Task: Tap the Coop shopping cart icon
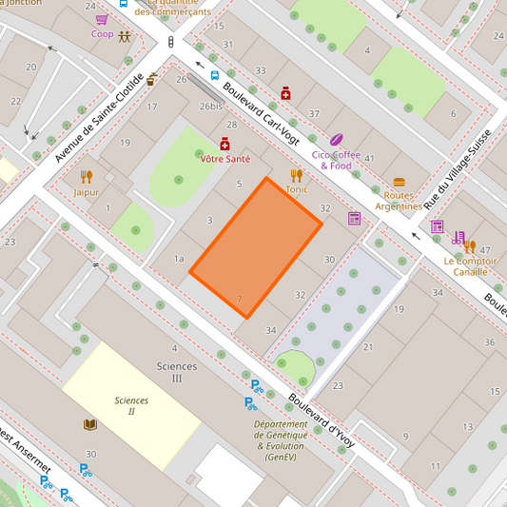click(x=102, y=18)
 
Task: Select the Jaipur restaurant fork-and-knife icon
click(x=87, y=176)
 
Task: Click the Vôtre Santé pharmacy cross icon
click(x=224, y=145)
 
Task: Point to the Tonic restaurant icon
click(x=297, y=175)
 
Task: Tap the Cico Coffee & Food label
click(x=335, y=160)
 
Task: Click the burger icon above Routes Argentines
click(x=399, y=183)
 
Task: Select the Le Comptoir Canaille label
click(x=465, y=265)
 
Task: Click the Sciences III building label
click(x=177, y=372)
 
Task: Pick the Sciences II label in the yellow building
click(x=131, y=405)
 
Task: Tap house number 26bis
click(x=210, y=106)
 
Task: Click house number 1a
click(x=179, y=259)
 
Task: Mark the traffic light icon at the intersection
click(x=171, y=43)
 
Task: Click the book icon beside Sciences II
click(x=89, y=424)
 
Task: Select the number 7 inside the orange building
click(x=240, y=300)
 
